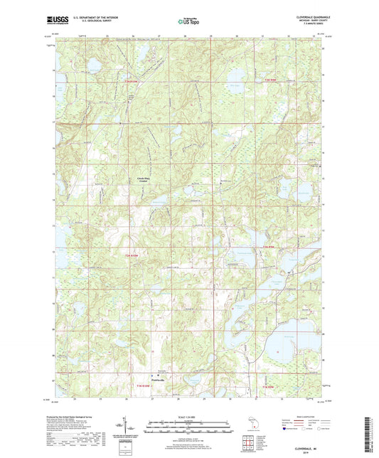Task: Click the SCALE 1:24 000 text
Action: (x=189, y=416)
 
